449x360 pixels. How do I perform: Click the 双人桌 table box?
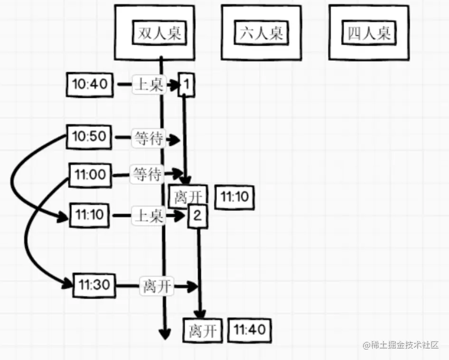(154, 33)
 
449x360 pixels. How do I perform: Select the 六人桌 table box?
(261, 33)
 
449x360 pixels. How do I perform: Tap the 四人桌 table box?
(369, 33)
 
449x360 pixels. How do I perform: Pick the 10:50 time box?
(89, 137)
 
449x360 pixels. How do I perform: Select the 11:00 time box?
(91, 175)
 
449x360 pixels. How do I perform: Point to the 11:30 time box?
(94, 285)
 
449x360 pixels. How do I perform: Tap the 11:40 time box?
(250, 330)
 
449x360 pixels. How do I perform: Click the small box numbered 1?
(186, 85)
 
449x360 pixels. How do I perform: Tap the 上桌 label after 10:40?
(149, 85)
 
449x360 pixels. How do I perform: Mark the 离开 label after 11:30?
(156, 286)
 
